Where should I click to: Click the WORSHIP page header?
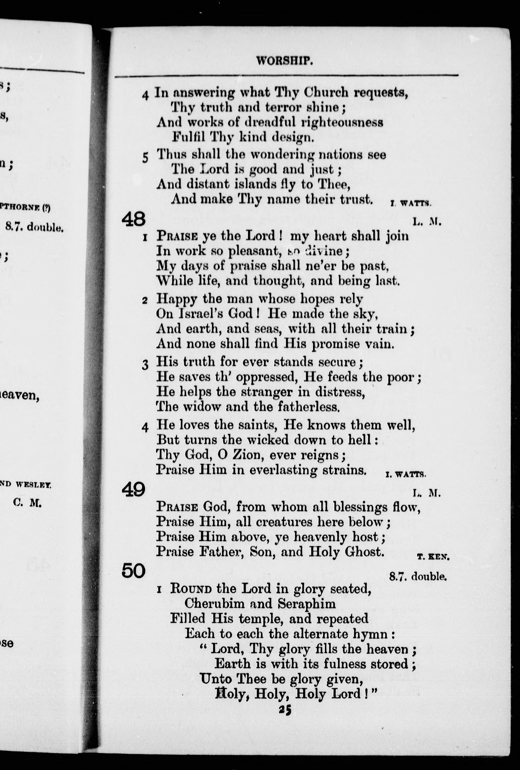[284, 61]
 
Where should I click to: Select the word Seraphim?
[306, 604]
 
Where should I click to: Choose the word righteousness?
[342, 122]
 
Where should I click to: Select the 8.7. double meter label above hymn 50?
[418, 577]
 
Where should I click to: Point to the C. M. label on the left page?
[28, 503]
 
